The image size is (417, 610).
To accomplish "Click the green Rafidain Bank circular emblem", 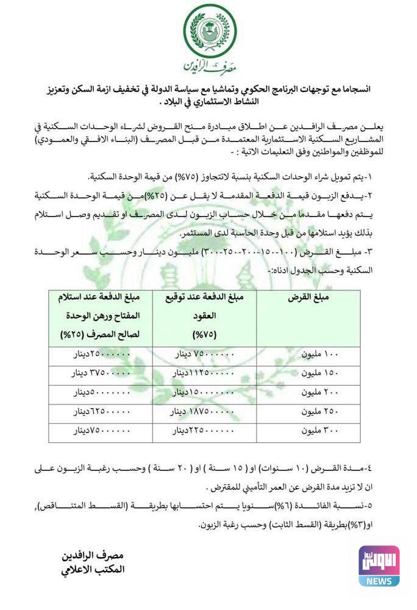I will pyautogui.click(x=209, y=29).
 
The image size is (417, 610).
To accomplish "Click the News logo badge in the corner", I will pyautogui.click(x=379, y=565).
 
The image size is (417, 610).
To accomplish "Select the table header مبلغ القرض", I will pyautogui.click(x=308, y=298).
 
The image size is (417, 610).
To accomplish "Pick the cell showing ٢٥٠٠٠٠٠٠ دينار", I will pyautogui.click(x=101, y=354).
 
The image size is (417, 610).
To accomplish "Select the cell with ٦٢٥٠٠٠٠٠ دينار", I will pyautogui.click(x=101, y=411).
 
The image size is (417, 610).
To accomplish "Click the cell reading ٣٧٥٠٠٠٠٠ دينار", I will pyautogui.click(x=101, y=373).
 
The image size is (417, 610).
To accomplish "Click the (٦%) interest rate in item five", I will pyautogui.click(x=272, y=506).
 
